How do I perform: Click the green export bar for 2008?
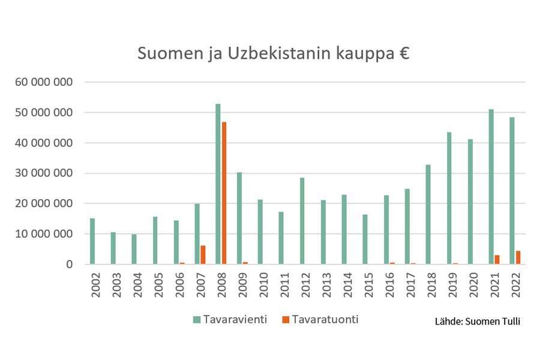click(x=218, y=184)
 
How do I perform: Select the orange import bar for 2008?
click(x=224, y=193)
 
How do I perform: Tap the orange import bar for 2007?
click(x=203, y=255)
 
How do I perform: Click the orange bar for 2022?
click(x=518, y=257)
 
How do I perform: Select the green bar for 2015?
click(x=365, y=239)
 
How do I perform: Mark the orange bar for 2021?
click(x=497, y=260)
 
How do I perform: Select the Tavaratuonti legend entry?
click(x=317, y=320)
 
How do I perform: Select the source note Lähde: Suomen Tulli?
click(x=478, y=322)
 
